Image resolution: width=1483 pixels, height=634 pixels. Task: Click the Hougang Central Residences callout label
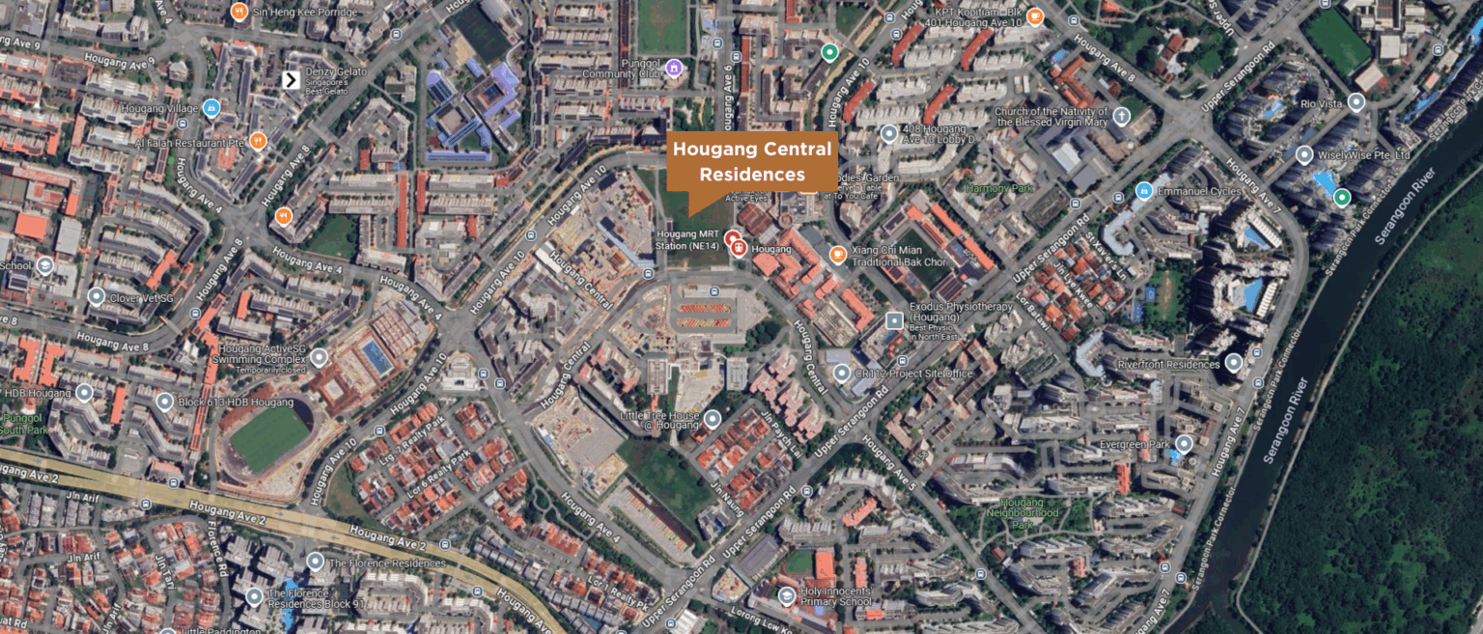752,162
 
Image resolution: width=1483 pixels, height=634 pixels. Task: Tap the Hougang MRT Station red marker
733,237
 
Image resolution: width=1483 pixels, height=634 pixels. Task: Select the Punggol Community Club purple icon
674,67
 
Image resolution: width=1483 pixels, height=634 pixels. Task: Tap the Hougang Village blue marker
211,108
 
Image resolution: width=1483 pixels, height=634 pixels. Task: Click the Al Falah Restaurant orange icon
258,141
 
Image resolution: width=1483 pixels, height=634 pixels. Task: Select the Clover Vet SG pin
96,296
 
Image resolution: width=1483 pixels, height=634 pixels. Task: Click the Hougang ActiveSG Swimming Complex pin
319,357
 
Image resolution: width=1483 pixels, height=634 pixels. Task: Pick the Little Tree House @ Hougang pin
713,418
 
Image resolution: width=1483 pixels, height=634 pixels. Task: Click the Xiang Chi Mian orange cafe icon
838,255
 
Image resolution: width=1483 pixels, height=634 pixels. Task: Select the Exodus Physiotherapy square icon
895,319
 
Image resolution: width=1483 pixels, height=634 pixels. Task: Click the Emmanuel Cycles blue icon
1144,190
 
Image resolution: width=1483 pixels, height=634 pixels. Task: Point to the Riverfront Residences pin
1233,363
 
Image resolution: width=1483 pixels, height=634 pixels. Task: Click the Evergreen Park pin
1184,444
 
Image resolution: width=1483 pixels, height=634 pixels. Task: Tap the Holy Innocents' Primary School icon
787,595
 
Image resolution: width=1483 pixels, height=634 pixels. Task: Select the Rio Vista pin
1357,102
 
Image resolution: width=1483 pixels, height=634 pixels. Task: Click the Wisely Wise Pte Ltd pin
1304,154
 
